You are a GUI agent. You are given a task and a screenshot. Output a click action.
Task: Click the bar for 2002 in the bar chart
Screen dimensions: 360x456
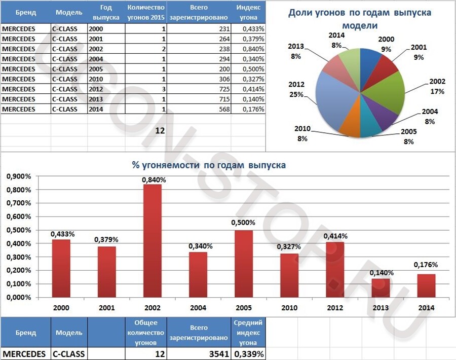tap(153, 241)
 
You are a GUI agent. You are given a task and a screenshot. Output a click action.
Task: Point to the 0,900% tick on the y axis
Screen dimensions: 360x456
tap(18, 176)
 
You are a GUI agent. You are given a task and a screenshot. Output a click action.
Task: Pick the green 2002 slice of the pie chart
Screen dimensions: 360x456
tap(388, 91)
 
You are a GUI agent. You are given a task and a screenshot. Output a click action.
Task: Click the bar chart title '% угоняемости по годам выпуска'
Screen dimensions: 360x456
tap(208, 165)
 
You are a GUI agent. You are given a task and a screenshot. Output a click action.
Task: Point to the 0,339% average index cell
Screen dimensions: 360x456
tap(248, 353)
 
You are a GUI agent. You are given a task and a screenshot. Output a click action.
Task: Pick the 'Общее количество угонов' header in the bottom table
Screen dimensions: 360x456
tap(146, 333)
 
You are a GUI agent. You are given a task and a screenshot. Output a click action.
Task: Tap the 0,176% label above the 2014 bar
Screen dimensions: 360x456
tap(425, 265)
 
